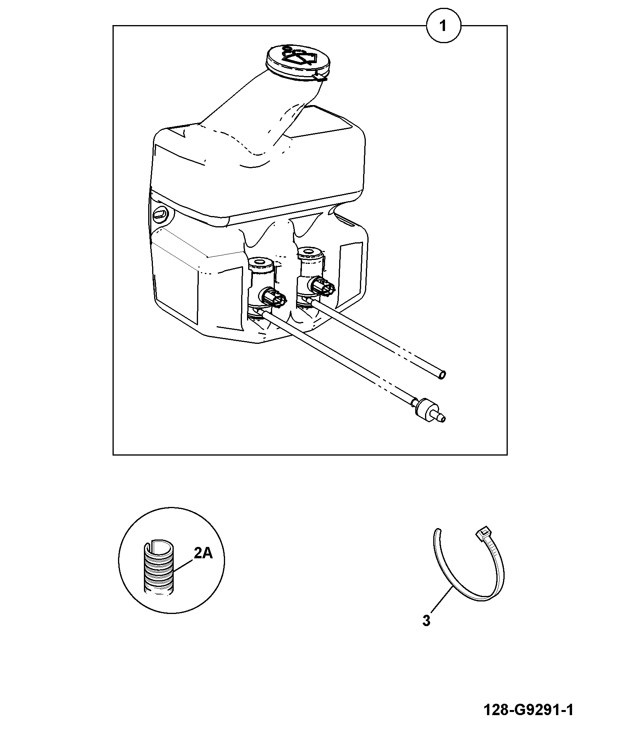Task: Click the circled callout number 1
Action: tap(443, 26)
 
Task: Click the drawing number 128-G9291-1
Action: tap(528, 710)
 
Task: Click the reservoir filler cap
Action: tap(298, 63)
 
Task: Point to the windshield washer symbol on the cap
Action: tap(299, 56)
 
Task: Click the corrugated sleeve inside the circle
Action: tap(158, 573)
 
